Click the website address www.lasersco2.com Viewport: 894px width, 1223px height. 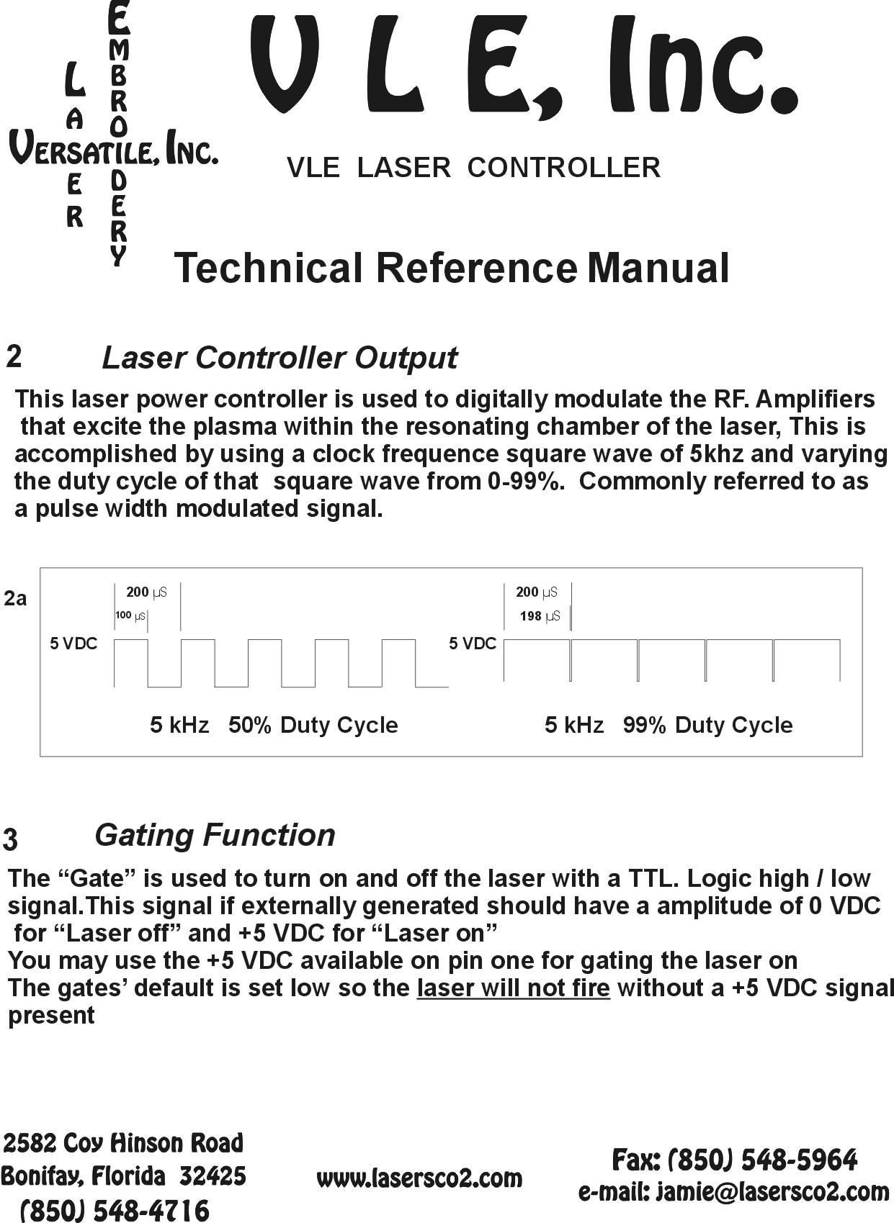coord(419,1178)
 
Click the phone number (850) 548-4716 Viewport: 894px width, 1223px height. coord(115,1209)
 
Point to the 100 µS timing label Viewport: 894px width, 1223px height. coord(130,615)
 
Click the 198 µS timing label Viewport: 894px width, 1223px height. coord(540,616)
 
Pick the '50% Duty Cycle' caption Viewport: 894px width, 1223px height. coord(313,725)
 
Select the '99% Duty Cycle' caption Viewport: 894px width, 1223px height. coord(707,725)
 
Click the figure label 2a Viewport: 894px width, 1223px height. coord(15,598)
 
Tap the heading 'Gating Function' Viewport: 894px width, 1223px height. coord(215,835)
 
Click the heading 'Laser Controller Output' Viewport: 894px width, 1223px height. coord(280,358)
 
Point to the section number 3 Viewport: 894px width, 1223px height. coord(11,839)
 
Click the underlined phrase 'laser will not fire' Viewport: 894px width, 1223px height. coord(513,988)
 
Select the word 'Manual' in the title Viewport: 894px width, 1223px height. coord(658,268)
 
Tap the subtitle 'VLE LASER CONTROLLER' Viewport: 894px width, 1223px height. coord(473,168)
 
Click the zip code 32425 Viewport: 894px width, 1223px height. coord(213,1176)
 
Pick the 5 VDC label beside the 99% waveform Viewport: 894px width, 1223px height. coord(473,644)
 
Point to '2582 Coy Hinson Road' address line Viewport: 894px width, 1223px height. coord(124,1143)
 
